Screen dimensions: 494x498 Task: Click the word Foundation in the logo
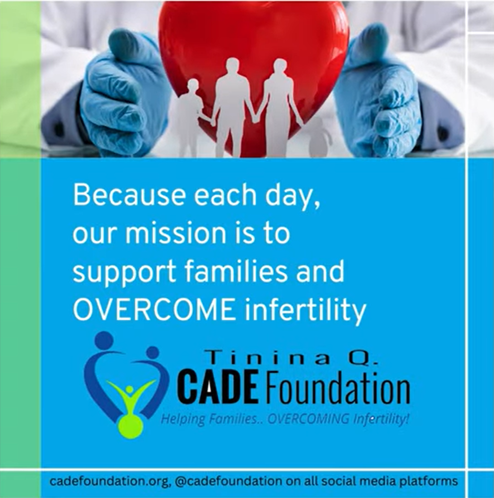336,385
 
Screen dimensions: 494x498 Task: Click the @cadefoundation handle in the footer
227,481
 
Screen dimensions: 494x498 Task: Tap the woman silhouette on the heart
279,108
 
